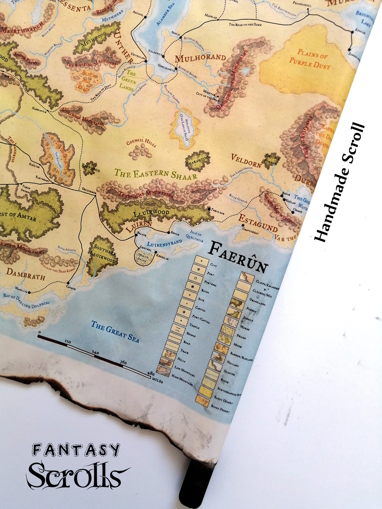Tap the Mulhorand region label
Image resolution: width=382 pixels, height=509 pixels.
[201, 58]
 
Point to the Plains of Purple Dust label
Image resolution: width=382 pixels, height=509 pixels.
[309, 59]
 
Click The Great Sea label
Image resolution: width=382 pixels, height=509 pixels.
[115, 331]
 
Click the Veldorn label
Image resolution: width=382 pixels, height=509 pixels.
[246, 161]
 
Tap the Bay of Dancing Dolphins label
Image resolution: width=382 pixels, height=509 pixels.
[26, 301]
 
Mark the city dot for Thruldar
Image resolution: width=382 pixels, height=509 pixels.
[209, 209]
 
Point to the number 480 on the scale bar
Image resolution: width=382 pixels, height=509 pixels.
[149, 374]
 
